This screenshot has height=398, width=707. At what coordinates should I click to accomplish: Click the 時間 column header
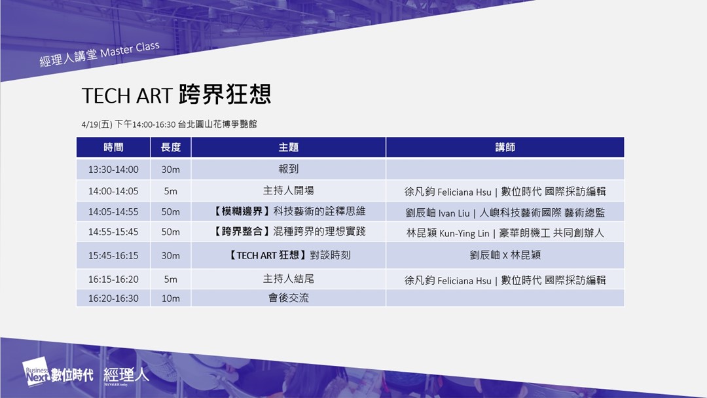113,147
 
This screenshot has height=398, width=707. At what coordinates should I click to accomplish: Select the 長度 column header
170,147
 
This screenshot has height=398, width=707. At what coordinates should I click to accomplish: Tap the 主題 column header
288,147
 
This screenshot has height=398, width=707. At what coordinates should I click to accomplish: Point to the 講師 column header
505,147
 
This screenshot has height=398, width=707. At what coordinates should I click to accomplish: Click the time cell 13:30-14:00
113,170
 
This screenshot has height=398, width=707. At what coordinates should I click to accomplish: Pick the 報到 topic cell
288,169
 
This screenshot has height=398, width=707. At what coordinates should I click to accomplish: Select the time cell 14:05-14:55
113,212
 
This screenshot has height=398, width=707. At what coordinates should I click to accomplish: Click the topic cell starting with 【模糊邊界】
288,211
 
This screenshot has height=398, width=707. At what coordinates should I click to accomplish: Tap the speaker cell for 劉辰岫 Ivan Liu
505,213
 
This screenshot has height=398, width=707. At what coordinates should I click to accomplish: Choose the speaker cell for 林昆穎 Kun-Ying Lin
505,233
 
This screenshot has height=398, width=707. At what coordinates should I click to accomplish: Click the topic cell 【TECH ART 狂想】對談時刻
288,255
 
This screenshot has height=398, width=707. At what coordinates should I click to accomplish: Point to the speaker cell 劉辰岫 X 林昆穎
505,255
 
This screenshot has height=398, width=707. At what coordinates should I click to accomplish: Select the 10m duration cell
170,298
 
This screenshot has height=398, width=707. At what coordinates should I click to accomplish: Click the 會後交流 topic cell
288,298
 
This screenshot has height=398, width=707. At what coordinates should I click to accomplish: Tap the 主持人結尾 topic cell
288,279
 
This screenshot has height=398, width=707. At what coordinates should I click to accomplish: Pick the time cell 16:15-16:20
113,280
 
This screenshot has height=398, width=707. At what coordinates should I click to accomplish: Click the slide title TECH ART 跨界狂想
176,95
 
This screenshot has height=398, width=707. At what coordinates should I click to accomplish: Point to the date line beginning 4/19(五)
169,124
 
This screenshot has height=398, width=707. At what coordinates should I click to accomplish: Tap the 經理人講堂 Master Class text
100,54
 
